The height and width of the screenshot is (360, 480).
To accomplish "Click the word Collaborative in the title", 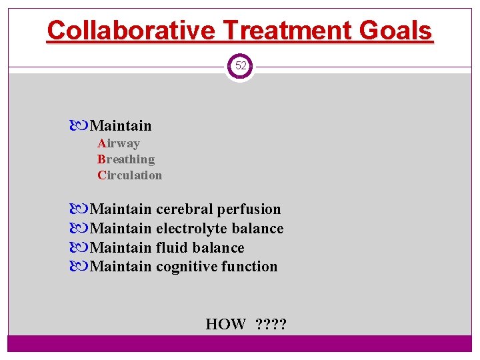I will [130, 30].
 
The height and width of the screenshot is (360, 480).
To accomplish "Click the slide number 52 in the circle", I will [240, 66].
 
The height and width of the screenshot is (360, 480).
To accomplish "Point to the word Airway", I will [119, 143].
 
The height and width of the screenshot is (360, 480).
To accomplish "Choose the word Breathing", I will [126, 159].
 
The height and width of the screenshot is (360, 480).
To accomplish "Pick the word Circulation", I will [130, 175].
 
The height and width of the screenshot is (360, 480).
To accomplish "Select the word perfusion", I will [249, 209].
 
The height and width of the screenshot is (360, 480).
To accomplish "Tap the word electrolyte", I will [191, 229].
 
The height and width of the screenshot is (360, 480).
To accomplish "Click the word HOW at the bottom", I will [225, 325].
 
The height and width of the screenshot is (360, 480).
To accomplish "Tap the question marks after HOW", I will [271, 325].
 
